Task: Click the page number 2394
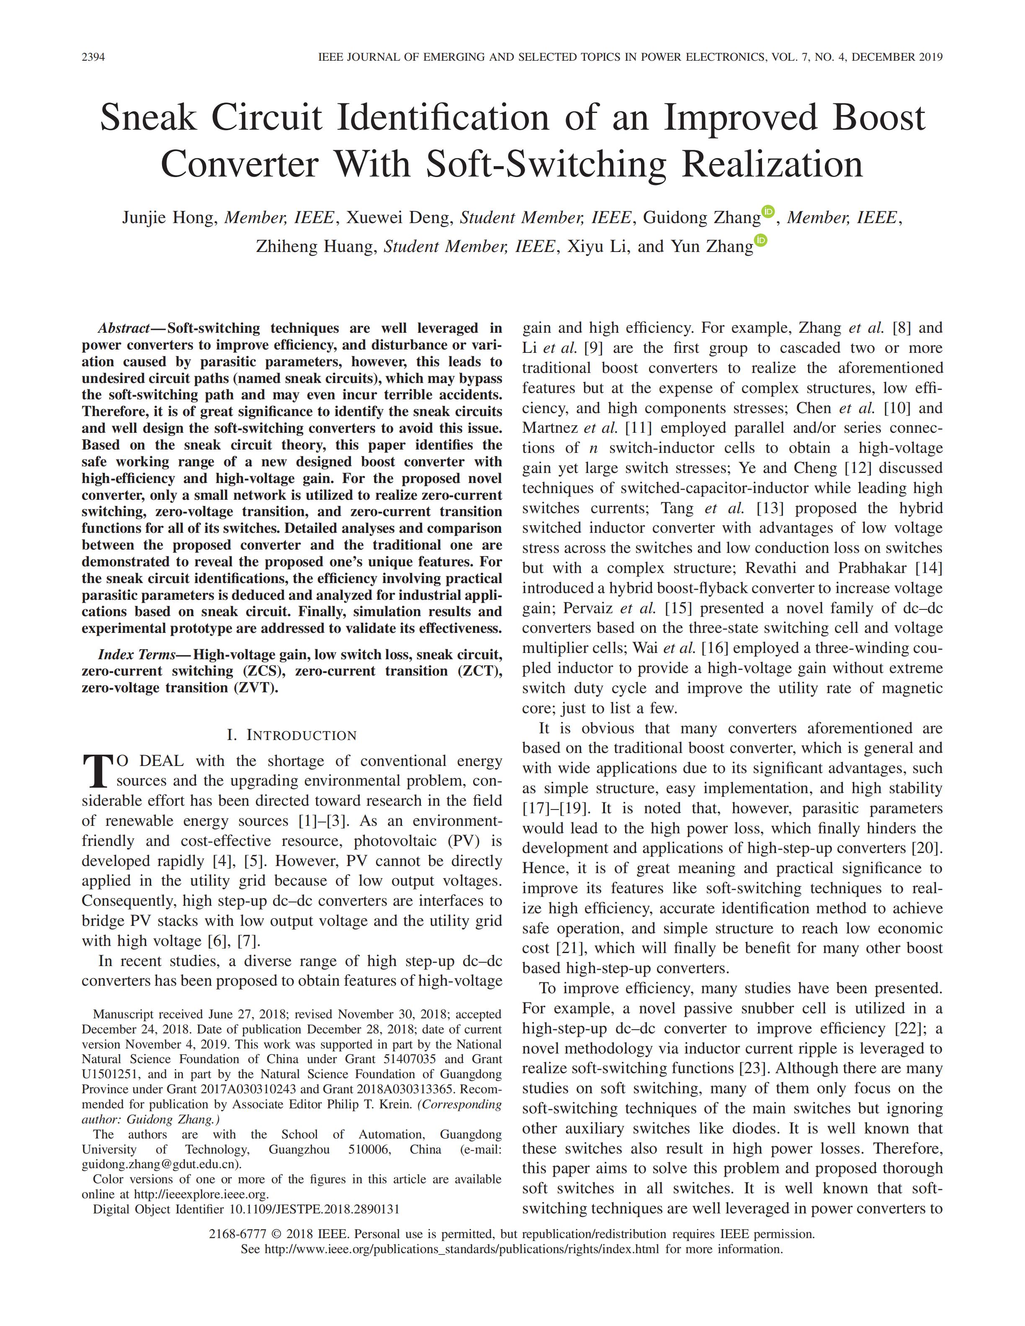point(93,57)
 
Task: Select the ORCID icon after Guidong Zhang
point(768,211)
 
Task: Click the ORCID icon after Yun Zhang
point(761,240)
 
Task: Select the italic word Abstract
point(124,329)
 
